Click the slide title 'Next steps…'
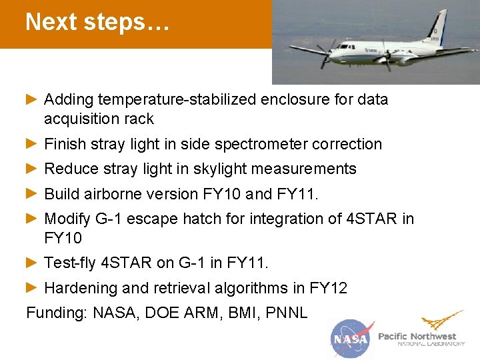coord(97,22)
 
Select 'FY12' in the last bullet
coord(329,289)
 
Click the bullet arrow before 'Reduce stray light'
coord(31,169)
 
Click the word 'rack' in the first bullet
coord(139,119)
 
